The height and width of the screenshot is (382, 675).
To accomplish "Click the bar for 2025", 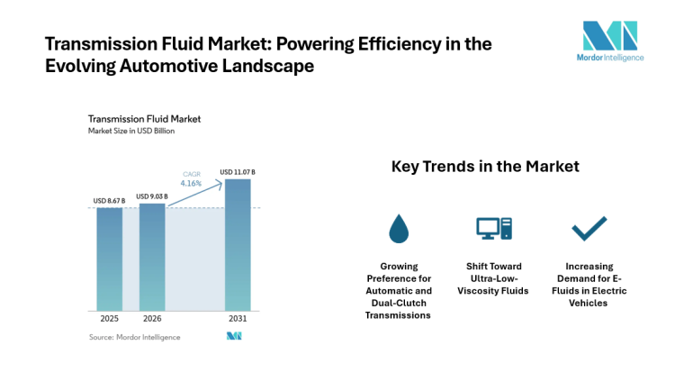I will [110, 259].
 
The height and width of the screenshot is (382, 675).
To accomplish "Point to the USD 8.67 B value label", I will [110, 201].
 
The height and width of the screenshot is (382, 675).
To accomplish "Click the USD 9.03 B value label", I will [152, 196].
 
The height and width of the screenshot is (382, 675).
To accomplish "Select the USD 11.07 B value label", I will [238, 172].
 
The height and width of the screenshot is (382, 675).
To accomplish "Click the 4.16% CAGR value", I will [193, 183].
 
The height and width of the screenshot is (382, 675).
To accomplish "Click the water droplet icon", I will [398, 230].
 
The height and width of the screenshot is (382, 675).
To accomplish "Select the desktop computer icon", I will [493, 229].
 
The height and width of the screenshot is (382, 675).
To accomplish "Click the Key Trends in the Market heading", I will [485, 167].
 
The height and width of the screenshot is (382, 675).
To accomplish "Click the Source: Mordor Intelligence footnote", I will [134, 337].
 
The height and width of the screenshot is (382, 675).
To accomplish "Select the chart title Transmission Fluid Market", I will [143, 118].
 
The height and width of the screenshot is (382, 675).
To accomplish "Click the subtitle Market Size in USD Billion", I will [130, 131].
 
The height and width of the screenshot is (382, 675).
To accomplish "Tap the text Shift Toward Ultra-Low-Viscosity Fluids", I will [493, 278].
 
